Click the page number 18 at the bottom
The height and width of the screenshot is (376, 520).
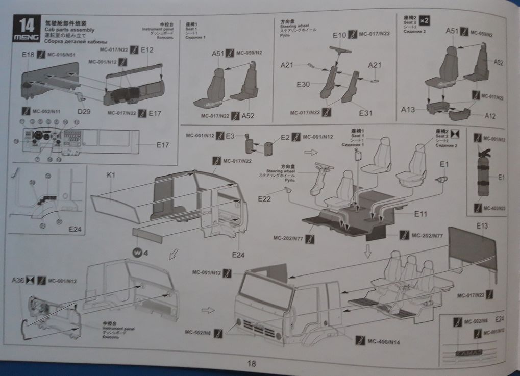point(251,364)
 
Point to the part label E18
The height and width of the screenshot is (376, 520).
point(28,54)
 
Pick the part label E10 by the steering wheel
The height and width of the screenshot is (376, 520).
point(339,36)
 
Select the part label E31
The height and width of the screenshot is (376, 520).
point(366,112)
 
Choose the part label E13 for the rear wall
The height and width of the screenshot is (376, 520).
point(482,225)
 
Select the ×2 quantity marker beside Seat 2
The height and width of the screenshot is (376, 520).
point(427,20)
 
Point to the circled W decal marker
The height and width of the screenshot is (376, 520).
point(137,252)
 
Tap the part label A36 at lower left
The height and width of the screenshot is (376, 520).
point(18,280)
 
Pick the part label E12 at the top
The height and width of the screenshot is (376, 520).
point(147,50)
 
